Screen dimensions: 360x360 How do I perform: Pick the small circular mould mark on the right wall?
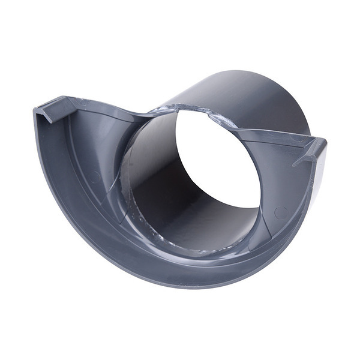(x=278, y=211)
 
